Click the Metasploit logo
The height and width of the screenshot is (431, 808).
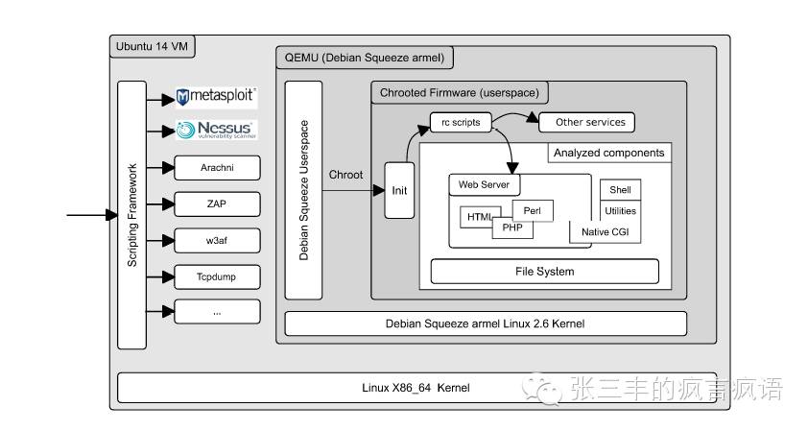coord(217,97)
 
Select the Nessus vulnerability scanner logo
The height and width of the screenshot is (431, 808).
coord(217,131)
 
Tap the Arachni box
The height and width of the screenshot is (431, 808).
coord(217,168)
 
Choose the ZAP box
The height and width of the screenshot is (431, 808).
coord(217,204)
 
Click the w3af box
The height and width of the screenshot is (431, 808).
coord(217,240)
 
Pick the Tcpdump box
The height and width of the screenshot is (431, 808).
coord(217,276)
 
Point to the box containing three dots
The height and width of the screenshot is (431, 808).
coord(217,311)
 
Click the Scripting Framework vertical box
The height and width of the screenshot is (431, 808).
coord(131,215)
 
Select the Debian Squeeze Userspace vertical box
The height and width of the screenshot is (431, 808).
coord(303,191)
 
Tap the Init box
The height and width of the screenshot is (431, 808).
coord(399,190)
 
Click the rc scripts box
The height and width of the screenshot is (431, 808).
coord(461,123)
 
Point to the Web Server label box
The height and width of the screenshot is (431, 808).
coord(485,183)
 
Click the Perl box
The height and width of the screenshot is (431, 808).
coord(533,209)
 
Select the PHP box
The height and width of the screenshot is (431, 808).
coord(512,228)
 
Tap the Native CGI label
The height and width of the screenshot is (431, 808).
coord(606,232)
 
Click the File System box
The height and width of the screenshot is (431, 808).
coord(544,272)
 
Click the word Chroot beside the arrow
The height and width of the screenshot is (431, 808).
coord(346,175)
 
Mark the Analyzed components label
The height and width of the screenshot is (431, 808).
coord(608,153)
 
